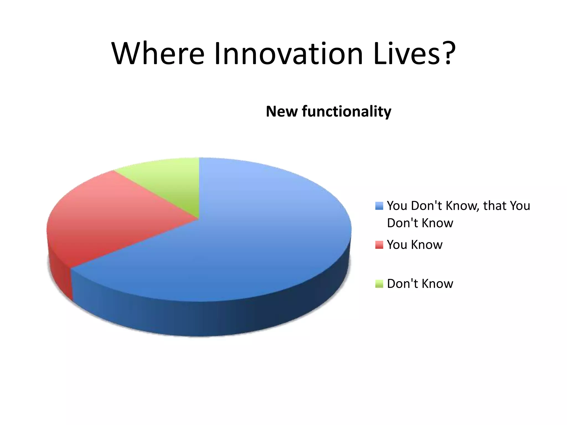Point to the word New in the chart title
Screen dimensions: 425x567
282,112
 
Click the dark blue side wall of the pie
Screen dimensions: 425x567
221,318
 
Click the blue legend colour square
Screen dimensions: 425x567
379,206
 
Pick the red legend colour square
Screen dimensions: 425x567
379,245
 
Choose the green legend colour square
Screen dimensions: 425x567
379,284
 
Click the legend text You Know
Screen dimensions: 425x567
414,245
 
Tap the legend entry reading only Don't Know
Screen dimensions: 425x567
420,284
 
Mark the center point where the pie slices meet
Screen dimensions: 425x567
199,219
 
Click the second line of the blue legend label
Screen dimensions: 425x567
420,223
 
